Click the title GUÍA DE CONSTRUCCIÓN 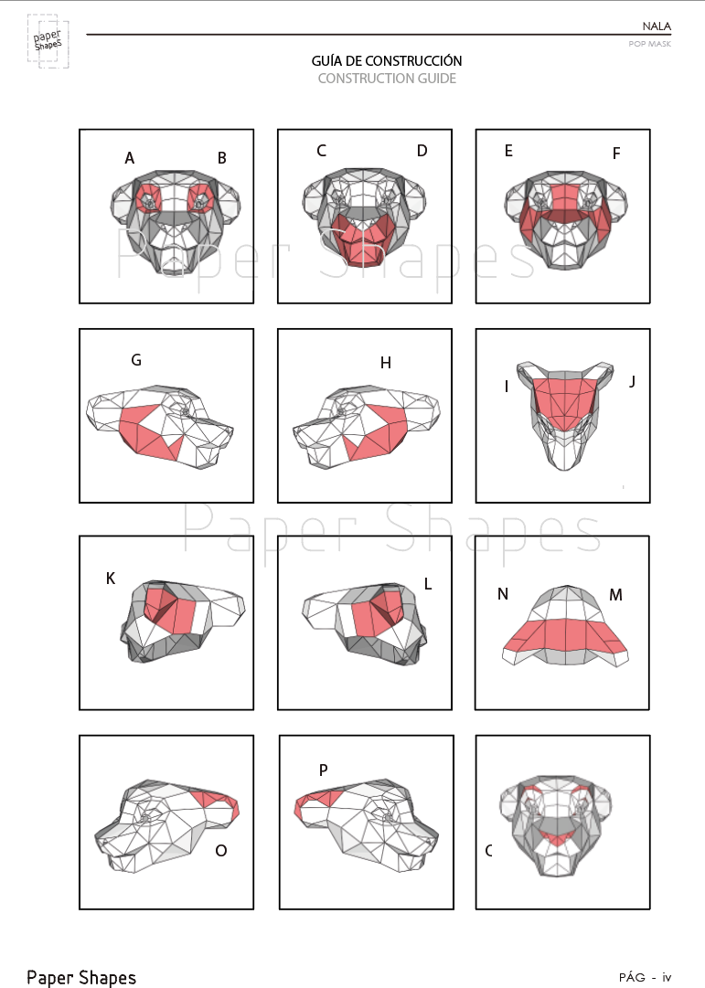(x=387, y=60)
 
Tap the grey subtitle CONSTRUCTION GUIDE (x=387, y=79)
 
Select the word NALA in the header (x=657, y=26)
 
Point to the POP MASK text (x=649, y=44)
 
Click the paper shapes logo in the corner (x=48, y=41)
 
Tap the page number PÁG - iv (x=645, y=977)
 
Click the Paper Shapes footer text (x=81, y=977)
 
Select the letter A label (x=129, y=158)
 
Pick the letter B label (x=222, y=158)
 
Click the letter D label (x=422, y=151)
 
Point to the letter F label (x=616, y=154)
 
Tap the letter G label (x=136, y=360)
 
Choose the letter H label (x=386, y=362)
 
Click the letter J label (x=632, y=381)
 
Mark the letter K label (x=111, y=579)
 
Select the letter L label (x=428, y=584)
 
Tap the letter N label (x=503, y=594)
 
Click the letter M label (x=616, y=595)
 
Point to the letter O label (x=220, y=851)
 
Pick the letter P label (x=324, y=770)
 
